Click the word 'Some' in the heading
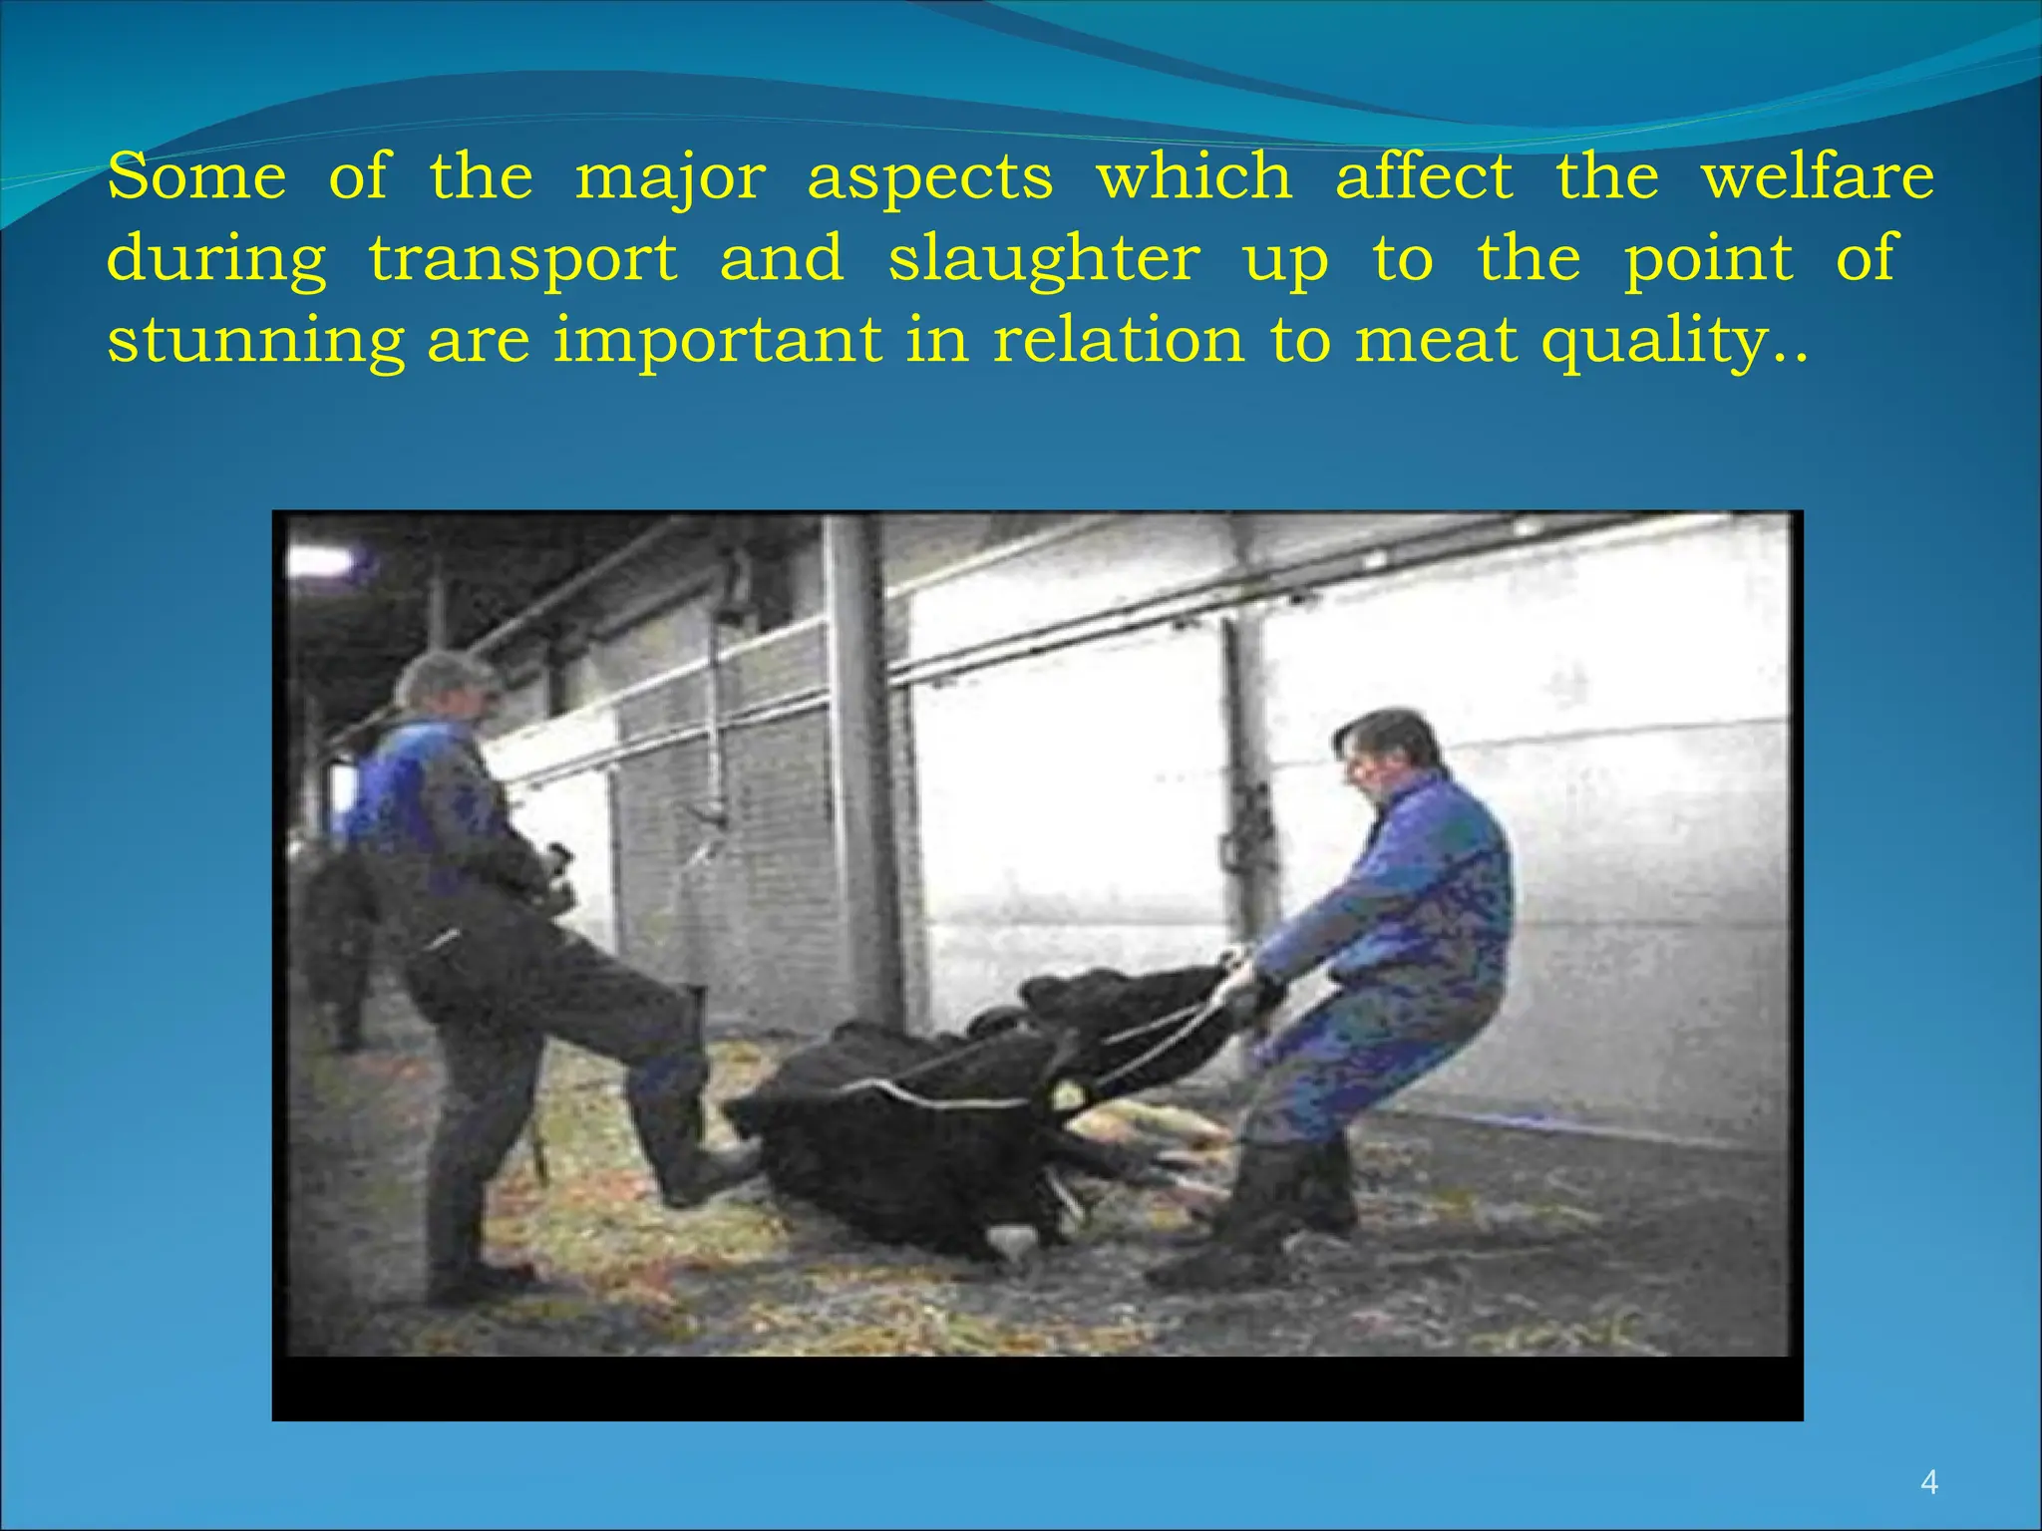pyautogui.click(x=196, y=176)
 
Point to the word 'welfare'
pyautogui.click(x=1817, y=176)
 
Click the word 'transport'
pyautogui.click(x=522, y=260)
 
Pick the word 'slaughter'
pyautogui.click(x=1044, y=260)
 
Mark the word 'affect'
pyautogui.click(x=1424, y=176)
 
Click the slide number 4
pyautogui.click(x=1928, y=1483)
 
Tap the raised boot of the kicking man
pyautogui.click(x=698, y=1166)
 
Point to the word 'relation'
pyautogui.click(x=1118, y=341)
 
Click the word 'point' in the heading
pyautogui.click(x=1708, y=260)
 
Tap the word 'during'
pyautogui.click(x=216, y=260)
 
